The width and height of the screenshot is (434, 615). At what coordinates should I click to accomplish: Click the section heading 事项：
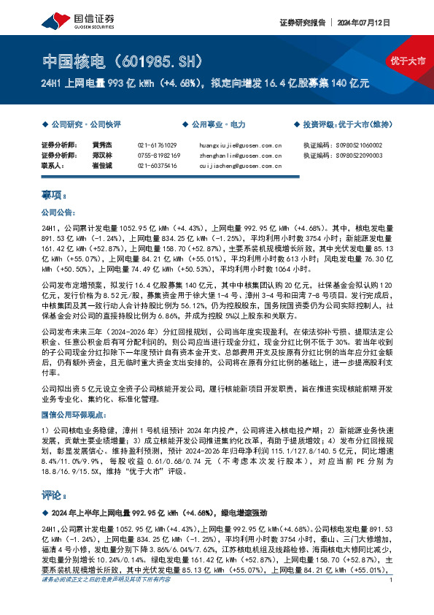coord(55,196)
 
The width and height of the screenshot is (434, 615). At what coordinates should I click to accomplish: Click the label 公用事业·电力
coord(205,125)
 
